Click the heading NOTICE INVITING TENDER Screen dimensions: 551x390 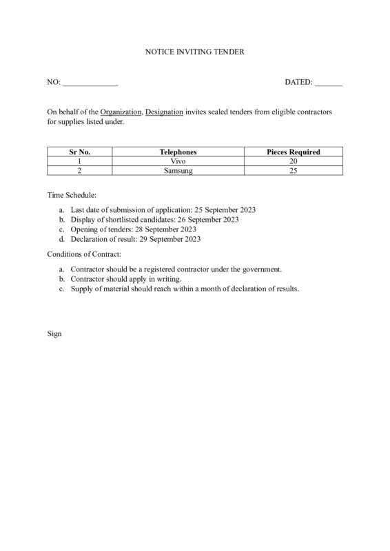coord(195,52)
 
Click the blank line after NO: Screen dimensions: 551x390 coord(90,83)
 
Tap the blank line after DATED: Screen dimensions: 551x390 coord(329,83)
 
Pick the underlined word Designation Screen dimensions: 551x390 coord(165,112)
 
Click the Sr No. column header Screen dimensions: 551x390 coord(80,152)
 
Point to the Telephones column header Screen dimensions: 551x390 coord(178,152)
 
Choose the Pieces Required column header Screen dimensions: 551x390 coord(293,152)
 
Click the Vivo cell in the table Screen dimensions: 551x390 coord(178,160)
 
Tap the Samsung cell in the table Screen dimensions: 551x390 coord(178,170)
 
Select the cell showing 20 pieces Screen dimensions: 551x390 coord(293,160)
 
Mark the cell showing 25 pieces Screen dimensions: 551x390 coord(293,170)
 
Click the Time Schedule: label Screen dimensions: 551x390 coord(72,196)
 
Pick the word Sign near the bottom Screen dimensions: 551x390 coord(54,333)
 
